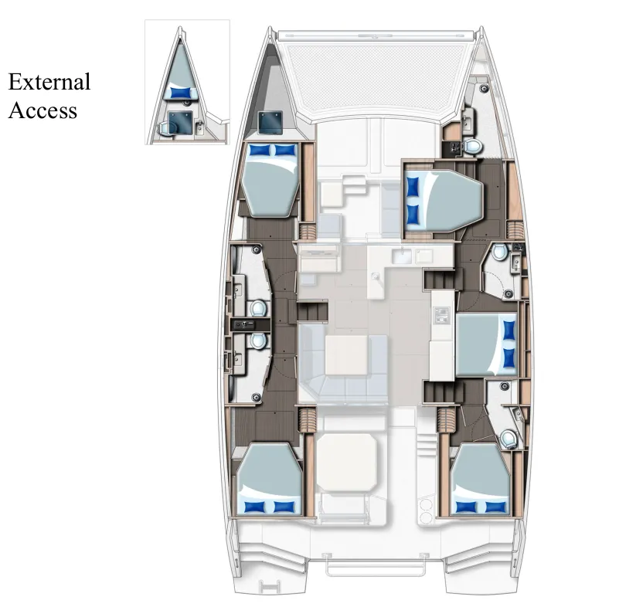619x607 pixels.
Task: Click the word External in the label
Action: [x=49, y=82]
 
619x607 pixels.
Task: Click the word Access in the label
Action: [x=43, y=110]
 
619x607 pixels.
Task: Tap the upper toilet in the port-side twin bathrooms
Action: [x=258, y=309]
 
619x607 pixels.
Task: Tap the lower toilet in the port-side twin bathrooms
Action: [x=258, y=340]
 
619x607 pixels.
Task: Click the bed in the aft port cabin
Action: [x=268, y=483]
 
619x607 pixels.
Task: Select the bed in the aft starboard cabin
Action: [x=481, y=479]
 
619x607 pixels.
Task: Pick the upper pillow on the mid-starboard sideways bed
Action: [x=508, y=331]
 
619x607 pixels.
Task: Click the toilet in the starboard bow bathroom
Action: [x=473, y=147]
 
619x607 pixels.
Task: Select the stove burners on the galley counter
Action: [x=442, y=314]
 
